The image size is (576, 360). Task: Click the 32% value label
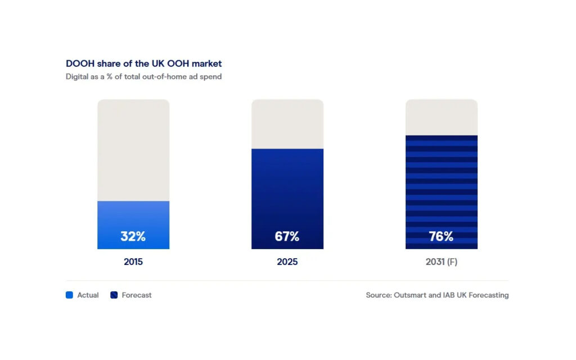tap(133, 236)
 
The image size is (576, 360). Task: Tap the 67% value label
tap(287, 236)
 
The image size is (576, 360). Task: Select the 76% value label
tap(441, 236)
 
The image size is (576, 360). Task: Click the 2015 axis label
tap(133, 262)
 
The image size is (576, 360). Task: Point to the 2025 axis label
tap(287, 262)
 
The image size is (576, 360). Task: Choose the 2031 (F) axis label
tap(441, 262)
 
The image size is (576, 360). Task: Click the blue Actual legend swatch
tap(69, 295)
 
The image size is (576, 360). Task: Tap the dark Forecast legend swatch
tap(114, 295)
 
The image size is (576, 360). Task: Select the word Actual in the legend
tap(88, 295)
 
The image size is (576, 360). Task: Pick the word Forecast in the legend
tap(137, 295)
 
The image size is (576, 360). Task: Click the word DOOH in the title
tap(80, 64)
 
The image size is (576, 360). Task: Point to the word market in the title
tap(207, 64)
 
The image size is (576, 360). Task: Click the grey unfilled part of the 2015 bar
tap(133, 150)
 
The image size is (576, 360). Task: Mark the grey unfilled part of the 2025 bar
tap(287, 124)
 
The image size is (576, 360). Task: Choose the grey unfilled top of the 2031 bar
tap(442, 117)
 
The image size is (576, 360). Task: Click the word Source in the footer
tap(379, 295)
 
